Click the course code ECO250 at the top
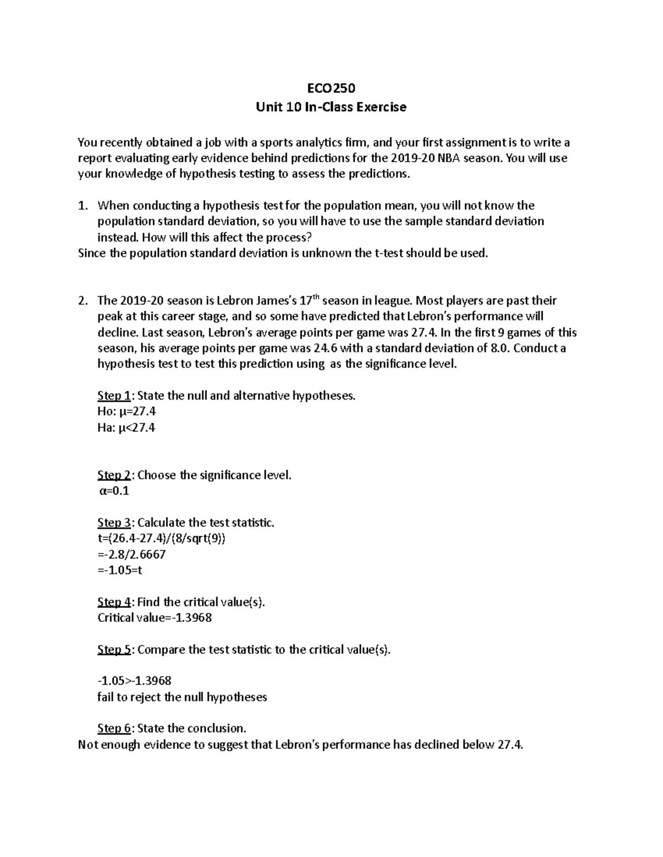pyautogui.click(x=331, y=88)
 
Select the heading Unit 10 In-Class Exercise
pyautogui.click(x=331, y=107)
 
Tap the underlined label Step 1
pyautogui.click(x=114, y=396)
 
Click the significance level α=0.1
pyautogui.click(x=114, y=491)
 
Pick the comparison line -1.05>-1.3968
pyautogui.click(x=134, y=681)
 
